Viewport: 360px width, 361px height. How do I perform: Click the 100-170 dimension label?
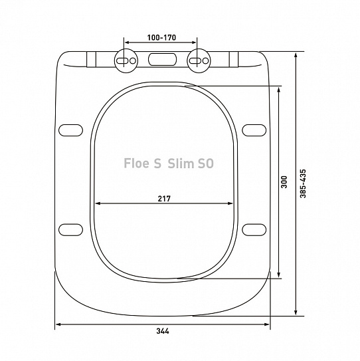pyautogui.click(x=161, y=37)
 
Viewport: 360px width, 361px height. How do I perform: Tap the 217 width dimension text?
pyautogui.click(x=164, y=198)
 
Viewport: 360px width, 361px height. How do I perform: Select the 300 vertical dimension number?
pyautogui.click(x=284, y=182)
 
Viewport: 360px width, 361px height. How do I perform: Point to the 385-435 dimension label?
pyautogui.click(x=303, y=183)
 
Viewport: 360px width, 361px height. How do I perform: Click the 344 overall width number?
pyautogui.click(x=163, y=331)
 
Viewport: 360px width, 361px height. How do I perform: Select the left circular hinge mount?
pyautogui.click(x=126, y=60)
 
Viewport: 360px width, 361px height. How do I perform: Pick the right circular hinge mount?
pyautogui.click(x=199, y=60)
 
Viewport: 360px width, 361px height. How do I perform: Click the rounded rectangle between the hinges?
pyautogui.click(x=163, y=59)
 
